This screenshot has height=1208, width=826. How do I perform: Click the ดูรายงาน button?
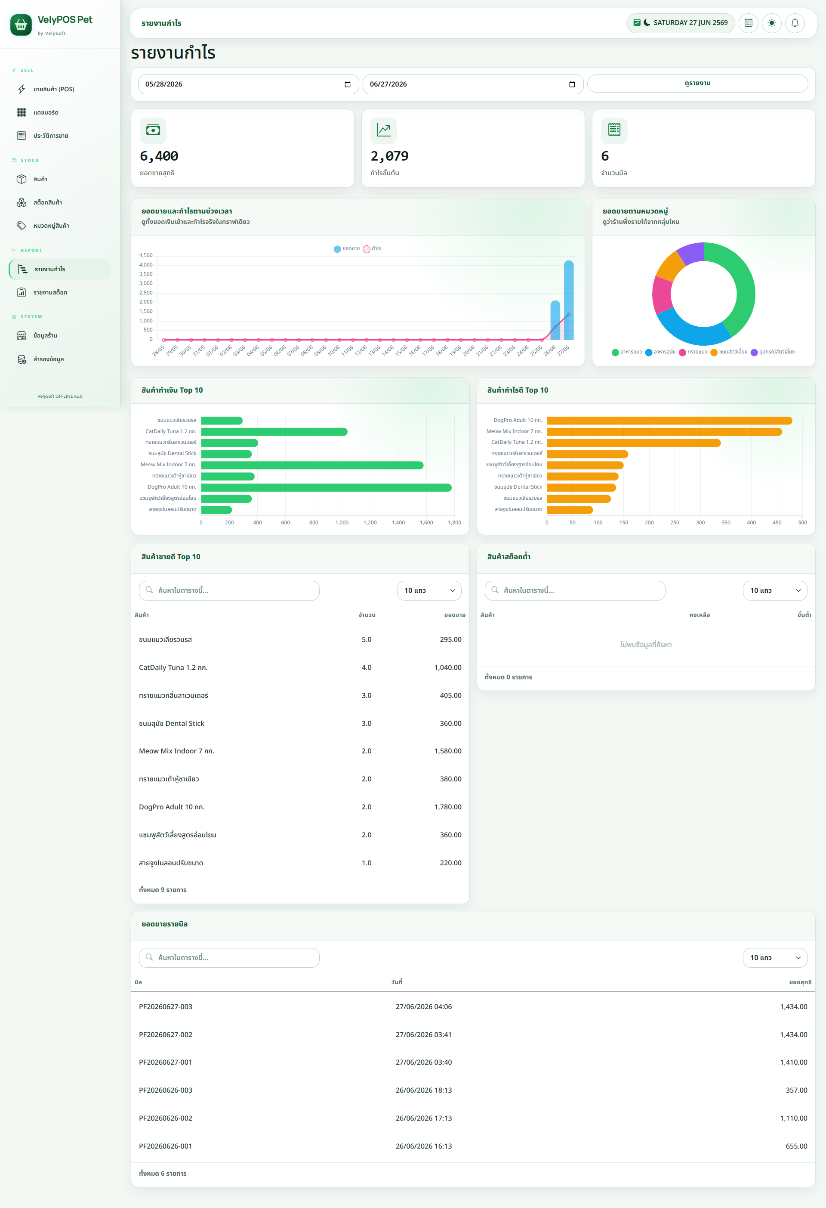[x=697, y=83]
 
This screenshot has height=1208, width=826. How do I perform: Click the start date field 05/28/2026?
[x=248, y=84]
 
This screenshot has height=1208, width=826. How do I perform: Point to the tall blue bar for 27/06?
[x=569, y=300]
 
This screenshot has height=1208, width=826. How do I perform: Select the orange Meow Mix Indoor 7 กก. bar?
[x=664, y=432]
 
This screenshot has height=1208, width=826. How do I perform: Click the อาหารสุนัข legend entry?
[x=660, y=352]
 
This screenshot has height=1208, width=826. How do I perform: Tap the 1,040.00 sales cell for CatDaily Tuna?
[x=448, y=667]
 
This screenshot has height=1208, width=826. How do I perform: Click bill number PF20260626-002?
[x=166, y=1118]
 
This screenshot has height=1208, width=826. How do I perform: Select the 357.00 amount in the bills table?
[x=796, y=1090]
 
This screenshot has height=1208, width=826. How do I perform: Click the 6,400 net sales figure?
[x=159, y=156]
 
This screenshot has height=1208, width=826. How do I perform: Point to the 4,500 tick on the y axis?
[x=146, y=255]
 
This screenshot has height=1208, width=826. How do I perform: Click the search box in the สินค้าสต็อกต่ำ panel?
[x=575, y=591]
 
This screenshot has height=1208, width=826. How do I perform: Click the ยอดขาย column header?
[x=455, y=615]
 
